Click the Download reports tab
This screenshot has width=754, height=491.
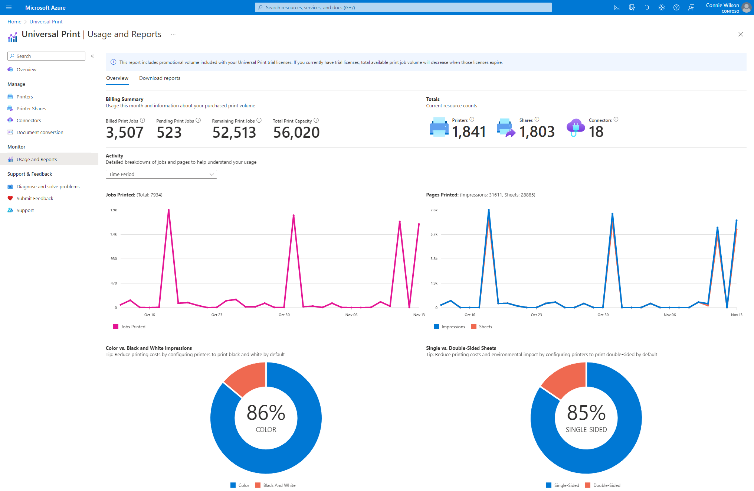point(160,78)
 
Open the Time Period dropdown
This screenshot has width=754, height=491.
point(161,174)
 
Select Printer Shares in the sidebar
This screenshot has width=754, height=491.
point(31,108)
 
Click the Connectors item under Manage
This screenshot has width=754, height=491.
point(29,120)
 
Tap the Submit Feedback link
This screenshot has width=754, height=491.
point(35,198)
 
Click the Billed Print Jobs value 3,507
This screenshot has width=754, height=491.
point(125,133)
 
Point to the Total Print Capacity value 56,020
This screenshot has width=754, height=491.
point(296,133)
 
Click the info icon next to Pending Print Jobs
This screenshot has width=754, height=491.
point(198,120)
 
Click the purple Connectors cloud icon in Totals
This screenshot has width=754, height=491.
point(576,127)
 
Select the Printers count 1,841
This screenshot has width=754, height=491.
point(469,132)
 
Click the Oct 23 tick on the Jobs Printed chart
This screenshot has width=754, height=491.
point(217,315)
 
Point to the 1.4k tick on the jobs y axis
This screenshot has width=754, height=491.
point(114,234)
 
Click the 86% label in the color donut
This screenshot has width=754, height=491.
point(266,413)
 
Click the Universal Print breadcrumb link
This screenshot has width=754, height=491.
point(46,22)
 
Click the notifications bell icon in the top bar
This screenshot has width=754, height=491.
point(647,7)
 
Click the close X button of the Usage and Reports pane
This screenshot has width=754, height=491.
point(740,34)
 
